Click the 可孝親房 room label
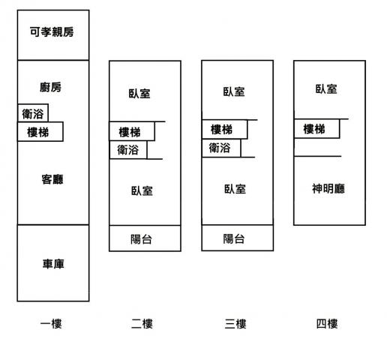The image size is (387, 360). (52, 31)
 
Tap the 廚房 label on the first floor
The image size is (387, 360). (50, 87)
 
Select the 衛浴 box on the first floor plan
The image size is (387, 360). (33, 113)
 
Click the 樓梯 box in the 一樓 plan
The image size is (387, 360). (40, 132)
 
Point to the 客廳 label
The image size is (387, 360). (52, 179)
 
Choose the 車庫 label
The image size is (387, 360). (53, 264)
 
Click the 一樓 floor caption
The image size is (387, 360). (51, 324)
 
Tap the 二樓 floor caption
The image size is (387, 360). (142, 324)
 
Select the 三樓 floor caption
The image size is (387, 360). (235, 324)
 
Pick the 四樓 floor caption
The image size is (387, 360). (327, 324)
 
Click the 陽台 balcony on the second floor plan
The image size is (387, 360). (145, 238)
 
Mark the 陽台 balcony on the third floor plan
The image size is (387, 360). (238, 238)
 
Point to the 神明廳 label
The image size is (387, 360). (328, 188)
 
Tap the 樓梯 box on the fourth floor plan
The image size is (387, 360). (317, 128)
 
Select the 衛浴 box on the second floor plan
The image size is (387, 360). (128, 150)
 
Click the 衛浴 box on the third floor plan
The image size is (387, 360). (221, 148)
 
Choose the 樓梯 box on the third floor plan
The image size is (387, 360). (224, 129)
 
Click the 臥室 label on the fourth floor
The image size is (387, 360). (326, 89)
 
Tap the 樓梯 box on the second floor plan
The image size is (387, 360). (132, 131)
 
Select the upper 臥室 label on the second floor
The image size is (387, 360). (139, 93)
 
